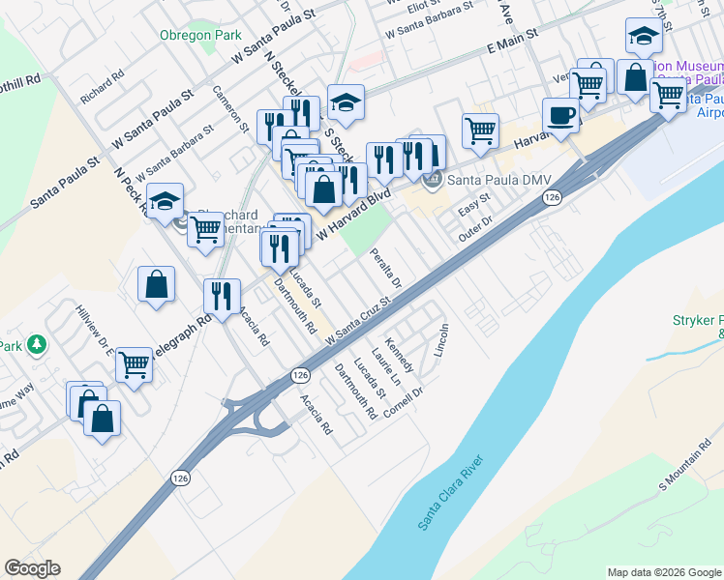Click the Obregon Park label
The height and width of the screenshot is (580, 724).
200,35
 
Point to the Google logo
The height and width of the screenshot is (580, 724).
32,568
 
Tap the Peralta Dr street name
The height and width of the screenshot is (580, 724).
385,269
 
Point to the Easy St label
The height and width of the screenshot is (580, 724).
475,204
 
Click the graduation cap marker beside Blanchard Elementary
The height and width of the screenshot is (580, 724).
166,202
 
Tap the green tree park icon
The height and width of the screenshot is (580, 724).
36,344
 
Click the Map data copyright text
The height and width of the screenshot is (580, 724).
664,572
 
